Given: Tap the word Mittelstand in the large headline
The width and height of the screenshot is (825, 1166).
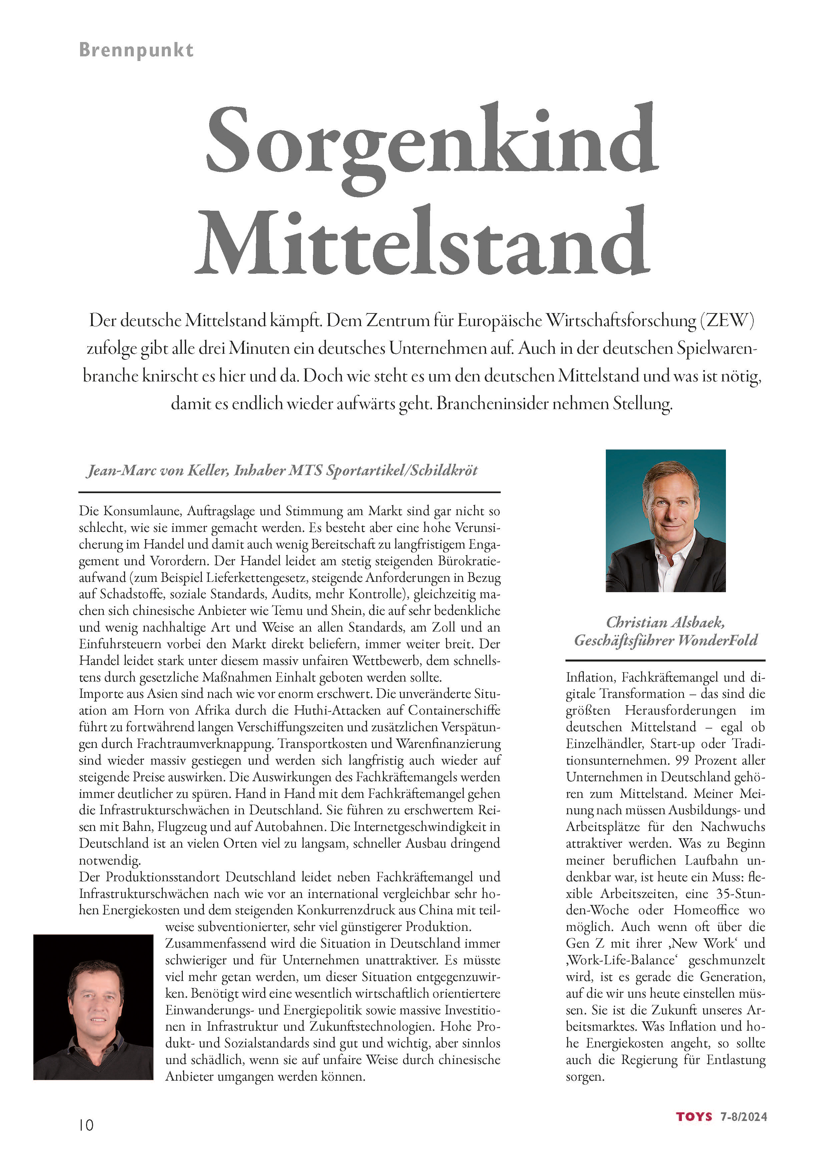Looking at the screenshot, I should pos(422,241).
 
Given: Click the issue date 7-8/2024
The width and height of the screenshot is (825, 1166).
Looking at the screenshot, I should pos(744,1117).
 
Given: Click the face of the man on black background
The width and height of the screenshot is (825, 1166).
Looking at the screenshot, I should pos(96,998).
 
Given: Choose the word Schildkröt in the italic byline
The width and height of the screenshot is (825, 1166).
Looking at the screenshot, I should pos(443,470).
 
